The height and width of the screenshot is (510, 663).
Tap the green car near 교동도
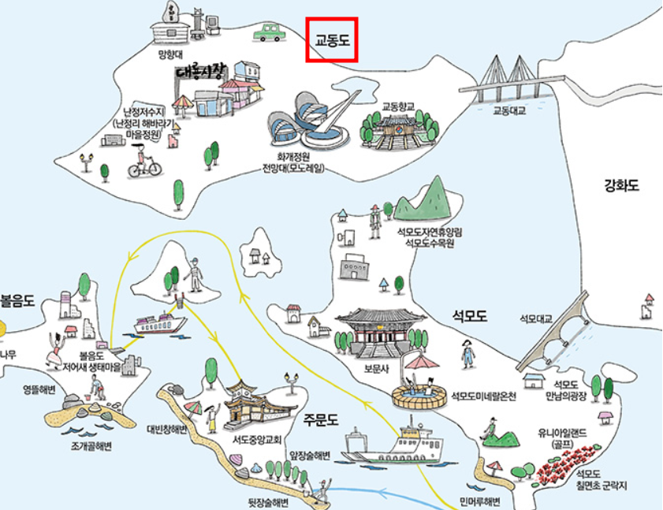pyautogui.click(x=270, y=32)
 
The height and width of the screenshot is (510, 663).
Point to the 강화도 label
pyautogui.click(x=621, y=187)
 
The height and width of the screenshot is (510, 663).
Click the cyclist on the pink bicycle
pyautogui.click(x=144, y=163)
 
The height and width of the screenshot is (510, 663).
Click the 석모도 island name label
pyautogui.click(x=470, y=316)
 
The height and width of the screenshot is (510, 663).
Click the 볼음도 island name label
pyautogui.click(x=17, y=300)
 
